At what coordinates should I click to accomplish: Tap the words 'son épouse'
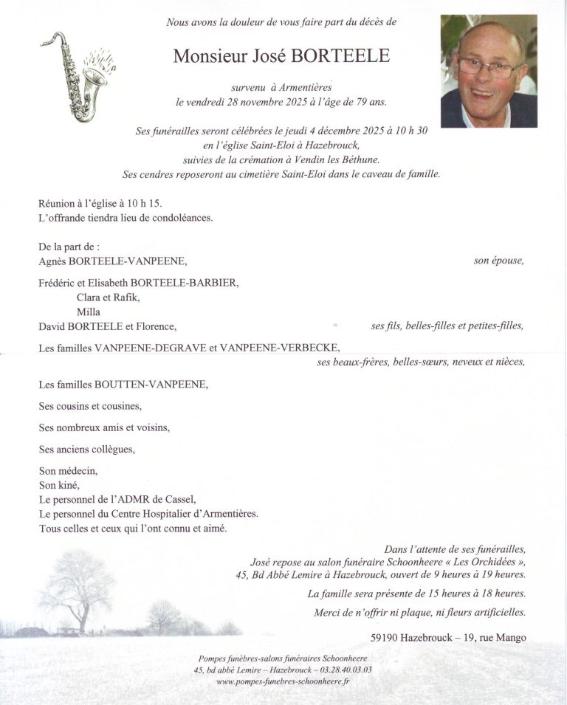click(498, 261)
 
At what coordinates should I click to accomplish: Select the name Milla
click(88, 312)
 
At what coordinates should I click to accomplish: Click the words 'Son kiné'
click(58, 485)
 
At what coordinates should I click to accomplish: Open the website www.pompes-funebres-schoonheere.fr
click(283, 681)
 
